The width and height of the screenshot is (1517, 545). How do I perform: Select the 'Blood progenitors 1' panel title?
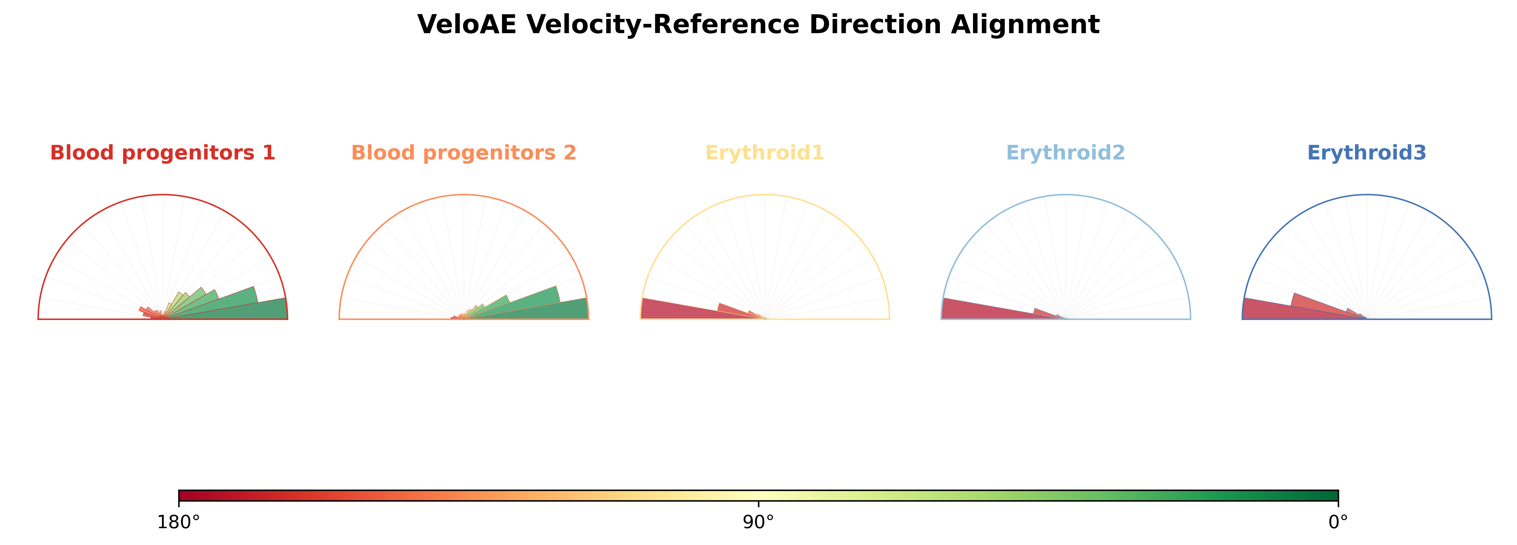click(x=163, y=152)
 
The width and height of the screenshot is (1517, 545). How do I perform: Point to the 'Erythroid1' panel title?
click(x=765, y=152)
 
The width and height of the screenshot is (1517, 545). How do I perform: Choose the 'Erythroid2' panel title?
click(x=1066, y=152)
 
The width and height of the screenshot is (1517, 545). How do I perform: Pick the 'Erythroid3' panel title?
click(x=1367, y=152)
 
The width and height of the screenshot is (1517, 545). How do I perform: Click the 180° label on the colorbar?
click(x=179, y=522)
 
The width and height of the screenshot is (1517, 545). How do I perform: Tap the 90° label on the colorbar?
click(x=759, y=522)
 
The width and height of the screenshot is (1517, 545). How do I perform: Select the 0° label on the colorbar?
click(x=1338, y=522)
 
